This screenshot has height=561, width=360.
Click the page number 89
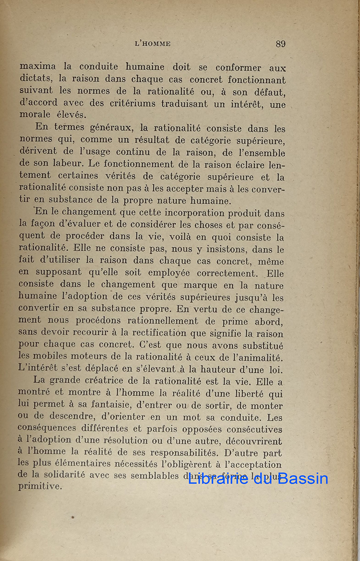click(x=281, y=44)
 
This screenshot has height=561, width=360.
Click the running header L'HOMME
click(x=152, y=44)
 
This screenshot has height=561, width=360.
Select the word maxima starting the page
click(x=37, y=67)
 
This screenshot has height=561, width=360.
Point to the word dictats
click(x=33, y=79)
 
